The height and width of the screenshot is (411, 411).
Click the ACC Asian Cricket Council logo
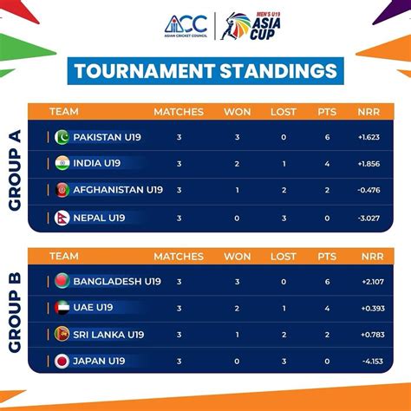click(x=186, y=26)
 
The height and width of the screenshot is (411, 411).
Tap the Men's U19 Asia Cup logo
click(x=251, y=26)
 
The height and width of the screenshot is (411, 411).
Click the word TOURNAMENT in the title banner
click(x=145, y=71)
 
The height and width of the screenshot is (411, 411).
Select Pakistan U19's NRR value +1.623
click(x=369, y=137)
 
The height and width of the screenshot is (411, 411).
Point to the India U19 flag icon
click(x=62, y=163)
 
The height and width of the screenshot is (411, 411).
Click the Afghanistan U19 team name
click(x=118, y=190)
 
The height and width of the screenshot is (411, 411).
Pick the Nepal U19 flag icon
click(x=62, y=218)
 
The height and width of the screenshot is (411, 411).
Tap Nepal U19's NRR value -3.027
click(x=369, y=218)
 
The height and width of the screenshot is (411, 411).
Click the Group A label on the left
click(x=15, y=170)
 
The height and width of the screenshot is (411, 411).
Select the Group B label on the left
click(x=15, y=312)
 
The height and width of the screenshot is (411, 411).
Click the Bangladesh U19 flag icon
click(x=62, y=281)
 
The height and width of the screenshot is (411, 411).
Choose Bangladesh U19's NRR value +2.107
click(x=373, y=282)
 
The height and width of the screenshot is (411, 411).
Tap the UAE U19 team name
click(x=93, y=307)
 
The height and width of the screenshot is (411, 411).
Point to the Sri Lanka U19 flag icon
click(x=62, y=334)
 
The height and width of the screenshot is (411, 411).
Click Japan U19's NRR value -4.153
click(x=373, y=361)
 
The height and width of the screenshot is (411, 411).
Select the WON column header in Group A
click(x=238, y=112)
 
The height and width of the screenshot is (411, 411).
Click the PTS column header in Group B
click(x=327, y=257)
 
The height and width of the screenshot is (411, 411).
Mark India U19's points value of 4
click(x=327, y=164)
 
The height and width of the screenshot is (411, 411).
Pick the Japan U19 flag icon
click(x=62, y=361)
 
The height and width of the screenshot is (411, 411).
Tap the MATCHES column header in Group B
click(x=179, y=257)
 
